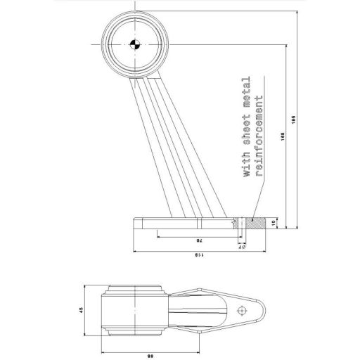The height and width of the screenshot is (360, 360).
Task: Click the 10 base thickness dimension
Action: pos(281,223)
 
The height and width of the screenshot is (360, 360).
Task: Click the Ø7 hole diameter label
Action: pos(242,245)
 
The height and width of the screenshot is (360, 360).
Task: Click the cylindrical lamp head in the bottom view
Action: pos(134,309)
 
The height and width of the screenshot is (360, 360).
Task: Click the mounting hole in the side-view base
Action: pos(241,223)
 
